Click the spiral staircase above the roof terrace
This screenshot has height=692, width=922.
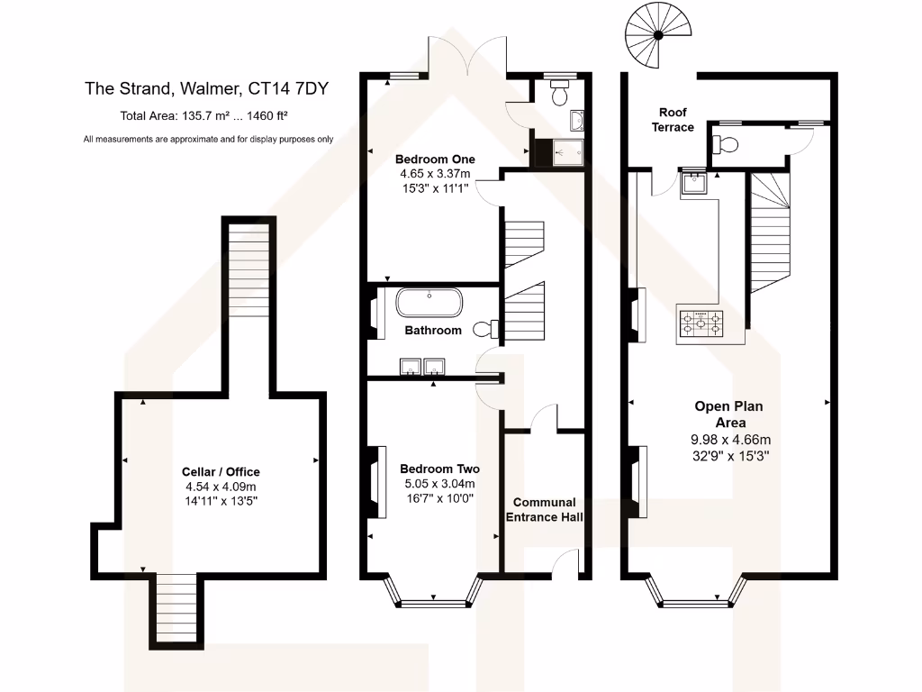[x=657, y=35]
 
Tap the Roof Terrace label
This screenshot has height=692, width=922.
[x=673, y=120]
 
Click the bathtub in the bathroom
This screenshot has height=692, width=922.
[x=430, y=303]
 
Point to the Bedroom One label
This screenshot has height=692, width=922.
[x=434, y=159]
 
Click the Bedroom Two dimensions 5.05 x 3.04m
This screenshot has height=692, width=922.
[x=439, y=483]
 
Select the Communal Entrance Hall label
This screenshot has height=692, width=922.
[x=545, y=510]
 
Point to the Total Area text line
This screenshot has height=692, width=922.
[x=203, y=115]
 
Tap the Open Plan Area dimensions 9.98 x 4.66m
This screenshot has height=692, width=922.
[x=731, y=440]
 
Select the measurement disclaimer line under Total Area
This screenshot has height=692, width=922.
[x=208, y=139]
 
